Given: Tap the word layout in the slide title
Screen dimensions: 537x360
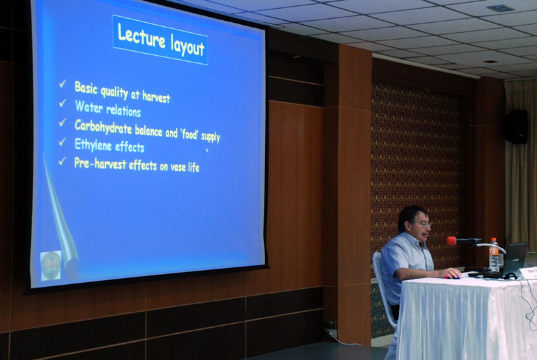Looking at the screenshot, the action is pos(188,46).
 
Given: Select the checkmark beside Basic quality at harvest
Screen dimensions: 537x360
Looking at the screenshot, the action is pos(62,83).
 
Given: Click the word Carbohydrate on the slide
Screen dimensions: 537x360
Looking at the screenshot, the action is pos(103,127).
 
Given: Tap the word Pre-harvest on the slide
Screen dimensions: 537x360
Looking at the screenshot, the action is pos(100,164).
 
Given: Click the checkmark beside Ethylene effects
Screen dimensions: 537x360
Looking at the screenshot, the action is pos(62,142).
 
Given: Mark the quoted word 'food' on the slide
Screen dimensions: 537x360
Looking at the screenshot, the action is pos(190,134).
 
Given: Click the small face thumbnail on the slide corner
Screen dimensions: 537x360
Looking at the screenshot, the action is pos(51,265).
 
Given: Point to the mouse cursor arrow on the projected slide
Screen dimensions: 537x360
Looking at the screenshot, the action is pos(207,150).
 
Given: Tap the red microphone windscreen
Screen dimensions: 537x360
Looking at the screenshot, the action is pos(451,241).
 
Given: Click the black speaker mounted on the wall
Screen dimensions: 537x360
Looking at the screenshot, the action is pos(516,127).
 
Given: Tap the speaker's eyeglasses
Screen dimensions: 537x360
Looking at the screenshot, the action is pos(424,224).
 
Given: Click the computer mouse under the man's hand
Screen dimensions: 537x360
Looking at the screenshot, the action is pos(452,277).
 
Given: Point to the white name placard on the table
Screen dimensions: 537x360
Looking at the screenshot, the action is pos(528,273).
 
